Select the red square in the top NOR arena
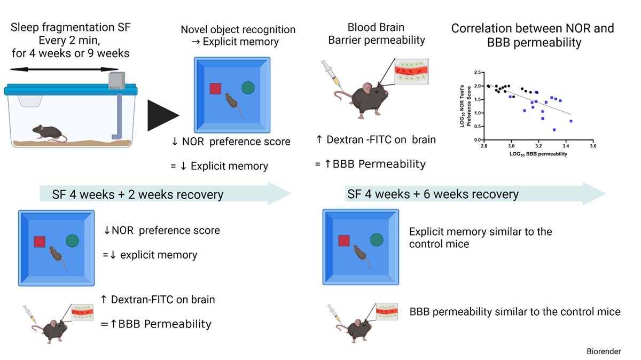215,89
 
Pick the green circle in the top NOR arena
248,88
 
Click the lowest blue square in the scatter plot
554,130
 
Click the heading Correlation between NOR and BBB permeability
533,35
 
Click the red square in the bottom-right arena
345,241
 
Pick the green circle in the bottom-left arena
72,241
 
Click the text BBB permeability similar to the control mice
514,311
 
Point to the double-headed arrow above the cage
64,69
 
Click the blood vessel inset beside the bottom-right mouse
388,311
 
